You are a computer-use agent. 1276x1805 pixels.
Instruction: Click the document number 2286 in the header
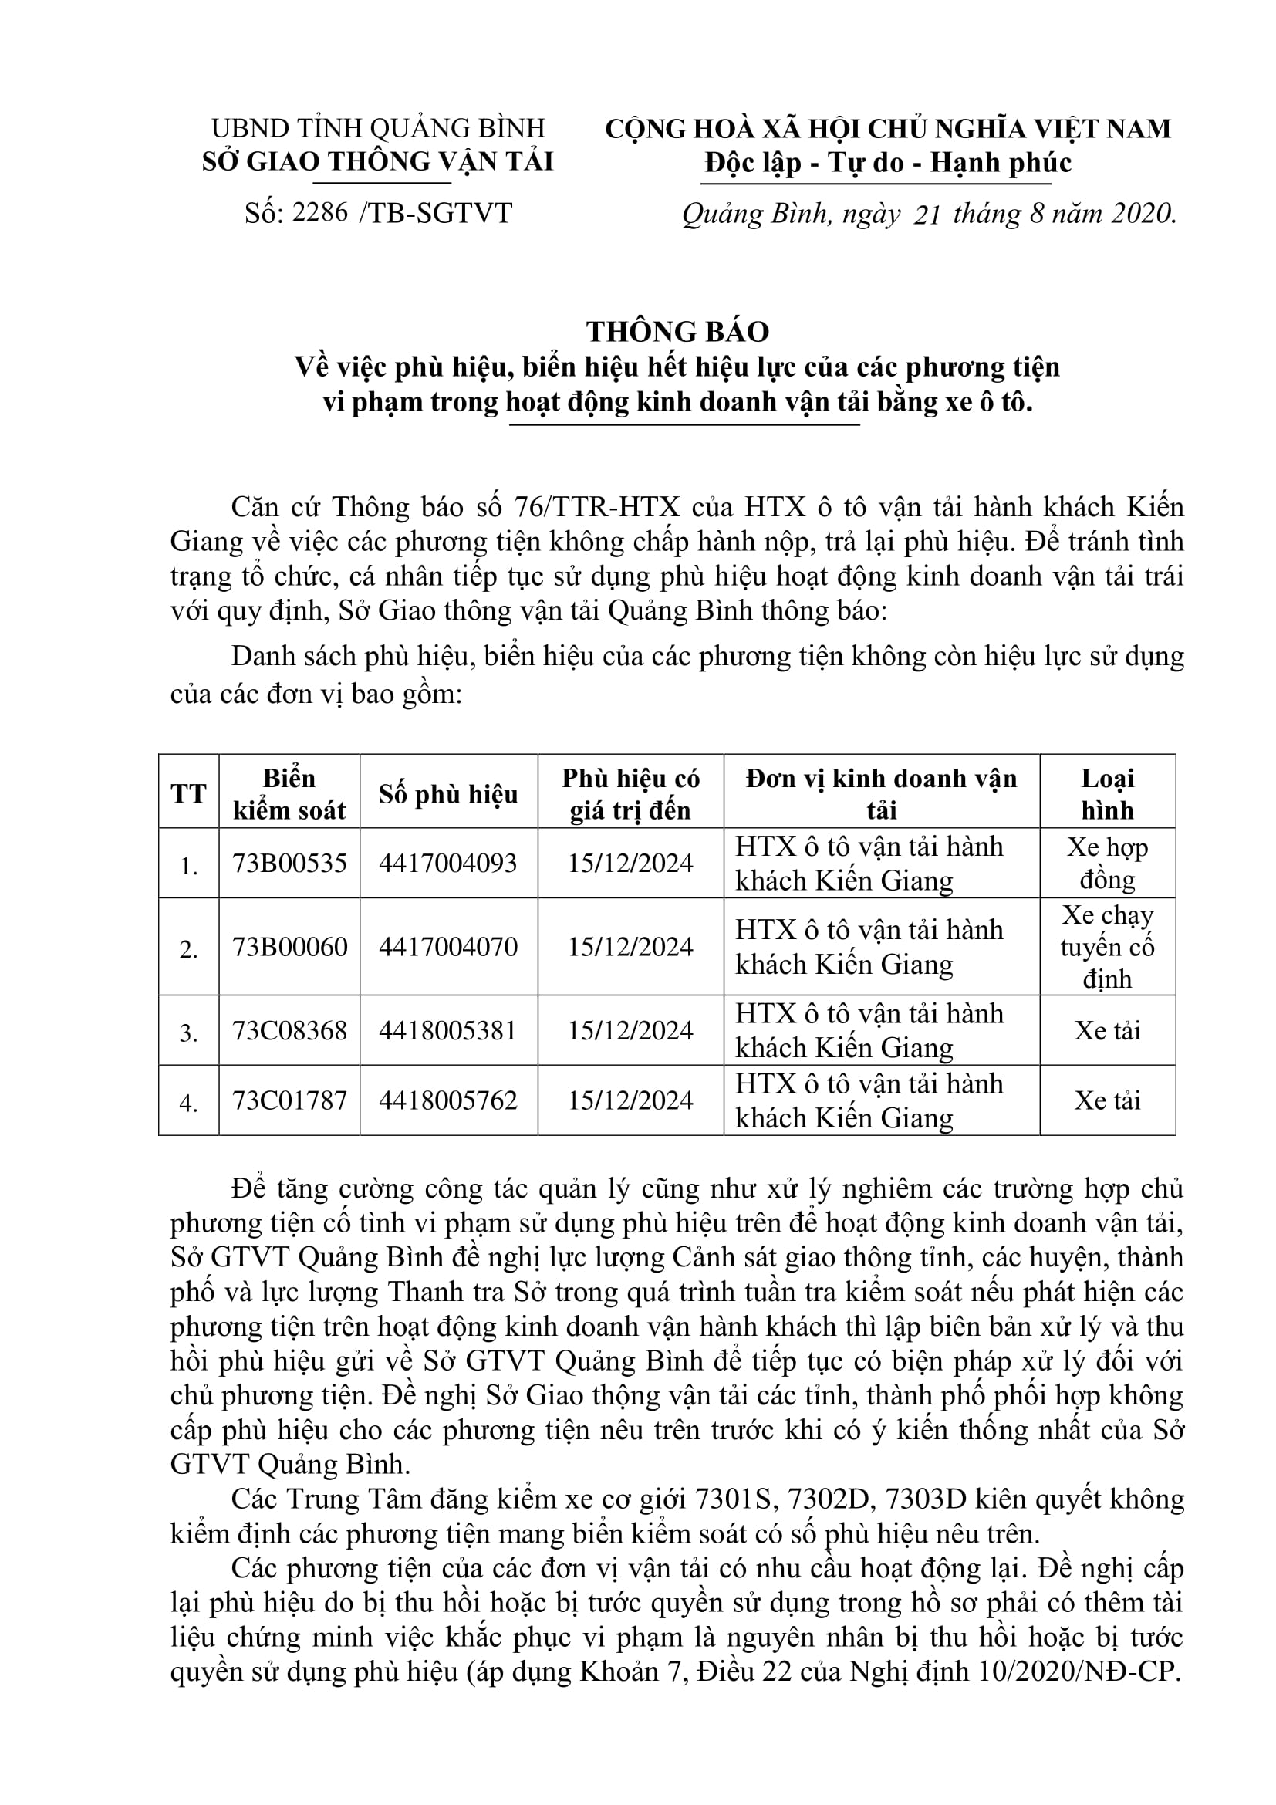(x=319, y=212)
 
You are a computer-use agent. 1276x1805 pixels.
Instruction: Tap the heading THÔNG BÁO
(x=677, y=332)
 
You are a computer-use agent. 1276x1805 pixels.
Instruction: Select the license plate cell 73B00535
(x=289, y=864)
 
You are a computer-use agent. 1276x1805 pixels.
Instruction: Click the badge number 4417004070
(x=448, y=947)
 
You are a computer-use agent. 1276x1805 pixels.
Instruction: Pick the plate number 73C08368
(x=289, y=1031)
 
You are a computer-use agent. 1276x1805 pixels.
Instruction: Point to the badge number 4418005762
(x=448, y=1100)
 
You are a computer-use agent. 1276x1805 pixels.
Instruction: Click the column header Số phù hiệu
(x=448, y=794)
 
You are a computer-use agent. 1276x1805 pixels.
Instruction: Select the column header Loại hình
(x=1107, y=794)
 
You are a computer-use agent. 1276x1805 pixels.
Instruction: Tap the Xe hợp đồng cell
(x=1107, y=864)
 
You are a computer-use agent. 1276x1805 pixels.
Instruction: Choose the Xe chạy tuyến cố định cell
(x=1107, y=947)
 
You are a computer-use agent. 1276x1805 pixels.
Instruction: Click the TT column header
(x=188, y=794)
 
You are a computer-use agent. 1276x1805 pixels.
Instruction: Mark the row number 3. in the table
(x=188, y=1033)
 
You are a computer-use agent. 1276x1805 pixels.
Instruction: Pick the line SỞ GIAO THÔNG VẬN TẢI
(x=378, y=161)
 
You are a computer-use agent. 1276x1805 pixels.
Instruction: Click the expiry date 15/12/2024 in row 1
(x=630, y=864)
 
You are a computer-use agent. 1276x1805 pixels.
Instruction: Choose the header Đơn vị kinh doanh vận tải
(x=882, y=794)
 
